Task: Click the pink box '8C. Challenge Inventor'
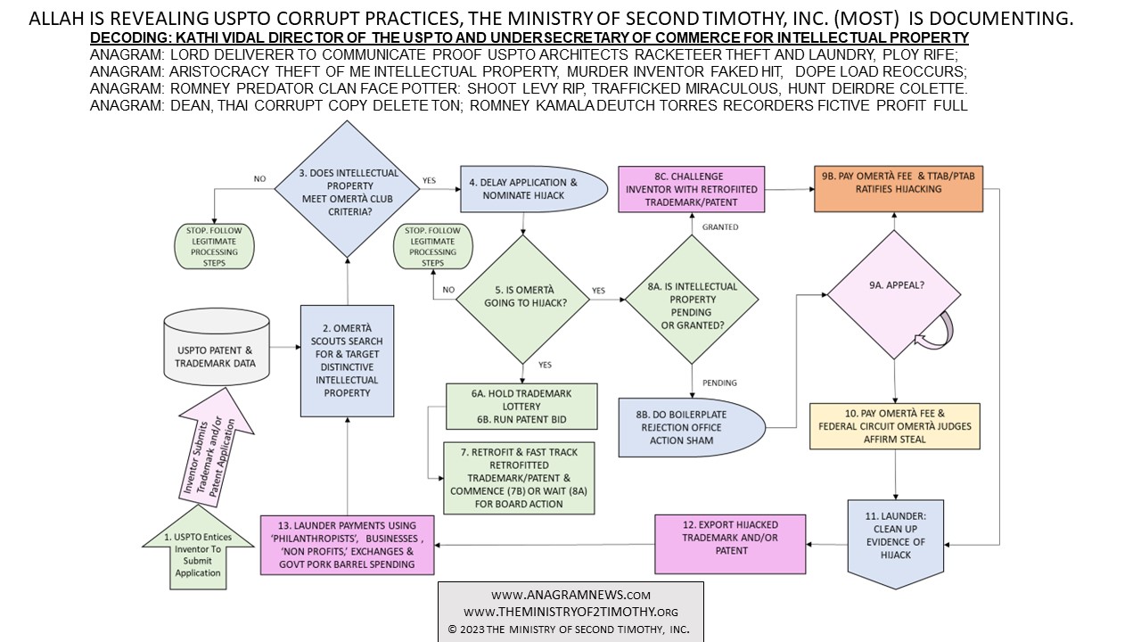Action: [692, 189]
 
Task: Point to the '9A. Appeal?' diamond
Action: [895, 295]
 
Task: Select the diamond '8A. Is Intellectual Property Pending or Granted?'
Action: [692, 300]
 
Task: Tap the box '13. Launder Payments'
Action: [349, 544]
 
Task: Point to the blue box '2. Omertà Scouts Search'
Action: [347, 360]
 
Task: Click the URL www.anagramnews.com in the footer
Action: [570, 595]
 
